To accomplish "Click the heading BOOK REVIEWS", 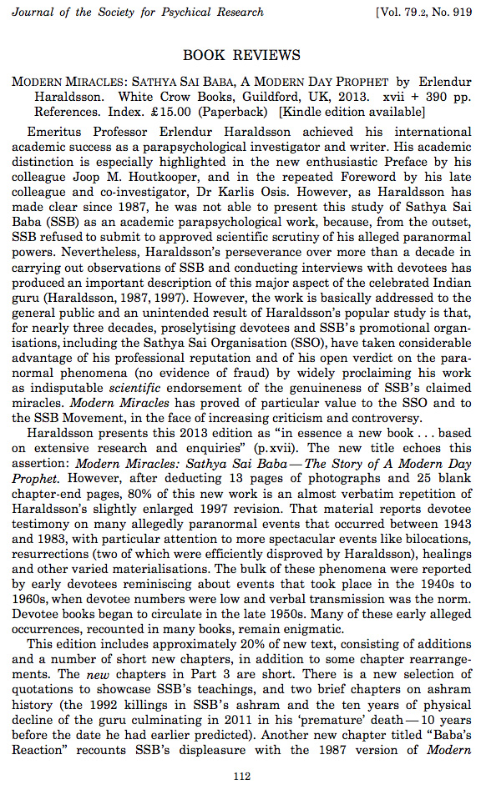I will [241, 56].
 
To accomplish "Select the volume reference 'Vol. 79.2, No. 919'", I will [414, 12].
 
